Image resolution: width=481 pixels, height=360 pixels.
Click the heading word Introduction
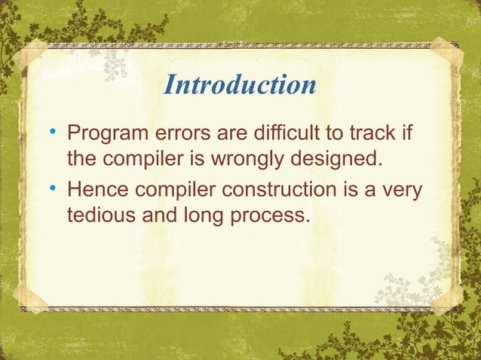point(240,85)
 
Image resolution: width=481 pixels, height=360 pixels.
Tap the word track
point(373,136)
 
